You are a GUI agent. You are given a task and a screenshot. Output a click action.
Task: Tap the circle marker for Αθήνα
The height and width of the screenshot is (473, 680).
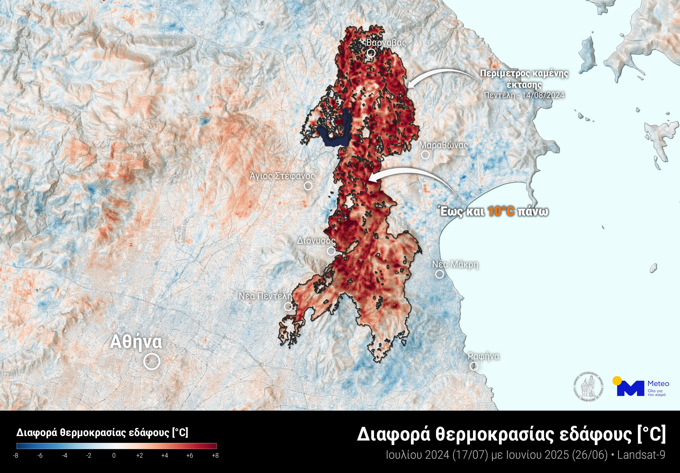152,361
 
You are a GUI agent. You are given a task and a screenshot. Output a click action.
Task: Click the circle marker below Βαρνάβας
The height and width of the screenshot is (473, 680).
371,53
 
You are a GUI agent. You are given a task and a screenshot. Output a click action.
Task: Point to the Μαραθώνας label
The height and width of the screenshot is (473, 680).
443,145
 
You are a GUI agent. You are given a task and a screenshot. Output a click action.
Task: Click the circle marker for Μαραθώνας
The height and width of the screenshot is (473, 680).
425,155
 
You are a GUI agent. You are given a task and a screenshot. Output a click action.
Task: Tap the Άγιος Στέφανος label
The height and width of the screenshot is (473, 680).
282,176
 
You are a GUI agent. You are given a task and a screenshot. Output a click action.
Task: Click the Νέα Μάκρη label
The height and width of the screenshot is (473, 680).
455,264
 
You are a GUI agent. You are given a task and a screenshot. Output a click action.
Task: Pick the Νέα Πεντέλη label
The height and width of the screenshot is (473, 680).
265,296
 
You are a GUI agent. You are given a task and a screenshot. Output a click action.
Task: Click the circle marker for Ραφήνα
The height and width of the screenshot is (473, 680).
474,366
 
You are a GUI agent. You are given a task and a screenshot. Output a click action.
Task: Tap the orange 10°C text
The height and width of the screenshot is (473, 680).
501,212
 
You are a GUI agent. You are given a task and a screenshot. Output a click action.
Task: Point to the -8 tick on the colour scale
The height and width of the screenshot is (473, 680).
16,455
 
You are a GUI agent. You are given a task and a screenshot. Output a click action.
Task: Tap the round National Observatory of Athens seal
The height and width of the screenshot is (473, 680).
588,387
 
